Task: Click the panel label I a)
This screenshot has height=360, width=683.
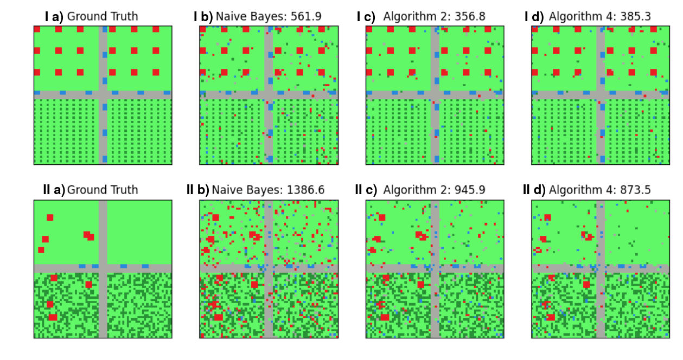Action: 54,17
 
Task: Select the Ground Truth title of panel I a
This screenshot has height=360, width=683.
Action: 102,17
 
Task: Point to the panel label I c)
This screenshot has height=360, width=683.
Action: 366,17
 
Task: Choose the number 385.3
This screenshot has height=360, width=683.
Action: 635,17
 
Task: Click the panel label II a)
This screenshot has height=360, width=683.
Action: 54,190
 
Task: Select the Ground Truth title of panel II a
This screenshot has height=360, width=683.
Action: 102,190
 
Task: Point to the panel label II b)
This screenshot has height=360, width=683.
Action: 197,190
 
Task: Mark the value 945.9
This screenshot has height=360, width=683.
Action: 468,190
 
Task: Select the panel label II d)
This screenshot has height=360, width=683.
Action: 534,190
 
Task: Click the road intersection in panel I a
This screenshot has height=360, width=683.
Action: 103,94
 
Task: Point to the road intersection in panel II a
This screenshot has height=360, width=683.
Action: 103,268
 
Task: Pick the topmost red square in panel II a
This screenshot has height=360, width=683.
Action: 50,217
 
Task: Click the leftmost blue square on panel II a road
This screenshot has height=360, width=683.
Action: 82,266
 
